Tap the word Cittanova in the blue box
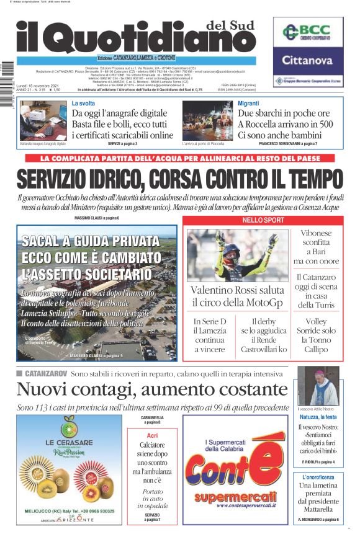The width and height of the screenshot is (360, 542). [308, 61]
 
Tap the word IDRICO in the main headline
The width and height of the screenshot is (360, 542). [114, 179]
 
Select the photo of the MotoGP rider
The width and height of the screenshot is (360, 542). [236, 254]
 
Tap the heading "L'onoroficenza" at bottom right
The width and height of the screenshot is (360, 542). [318, 476]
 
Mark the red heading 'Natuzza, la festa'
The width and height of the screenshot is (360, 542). [318, 417]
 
